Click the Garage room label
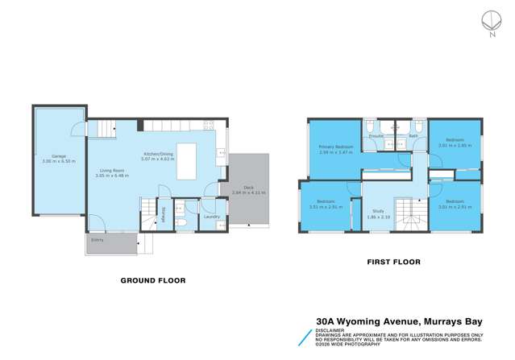tap(59, 155)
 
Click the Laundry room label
tap(212, 216)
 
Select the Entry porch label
tap(98, 239)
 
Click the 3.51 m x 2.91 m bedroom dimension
tap(326, 206)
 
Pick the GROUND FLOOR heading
tap(153, 280)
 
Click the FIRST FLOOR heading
tap(393, 262)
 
